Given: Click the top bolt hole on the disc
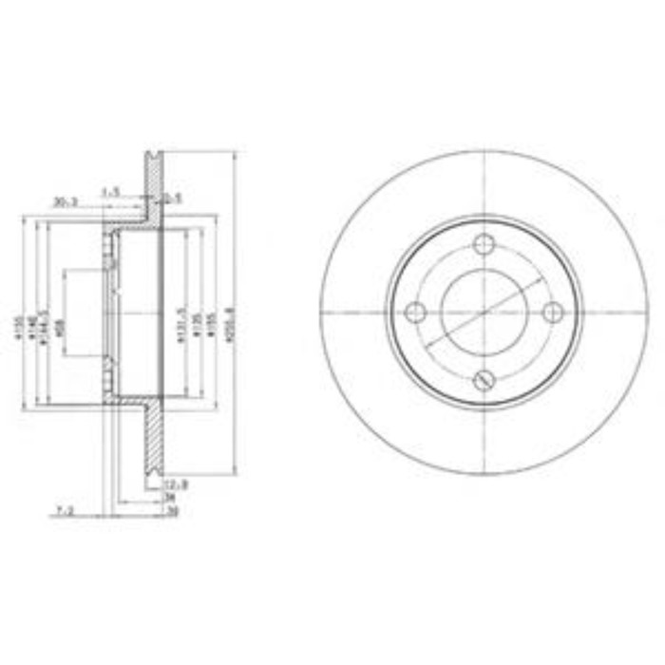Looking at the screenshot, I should click(x=484, y=243).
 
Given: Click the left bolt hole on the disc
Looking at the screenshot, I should click(x=415, y=312).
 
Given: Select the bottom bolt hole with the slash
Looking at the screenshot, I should click(x=484, y=380).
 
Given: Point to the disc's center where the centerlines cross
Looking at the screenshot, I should click(x=484, y=312).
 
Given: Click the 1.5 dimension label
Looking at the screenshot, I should click(x=111, y=193).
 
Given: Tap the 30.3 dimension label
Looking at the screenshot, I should click(x=65, y=201).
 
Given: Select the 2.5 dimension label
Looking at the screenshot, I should click(x=171, y=199).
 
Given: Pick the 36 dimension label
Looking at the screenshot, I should click(x=171, y=496).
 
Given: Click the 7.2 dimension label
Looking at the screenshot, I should click(x=65, y=510).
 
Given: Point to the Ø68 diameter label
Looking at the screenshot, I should click(x=59, y=327).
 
